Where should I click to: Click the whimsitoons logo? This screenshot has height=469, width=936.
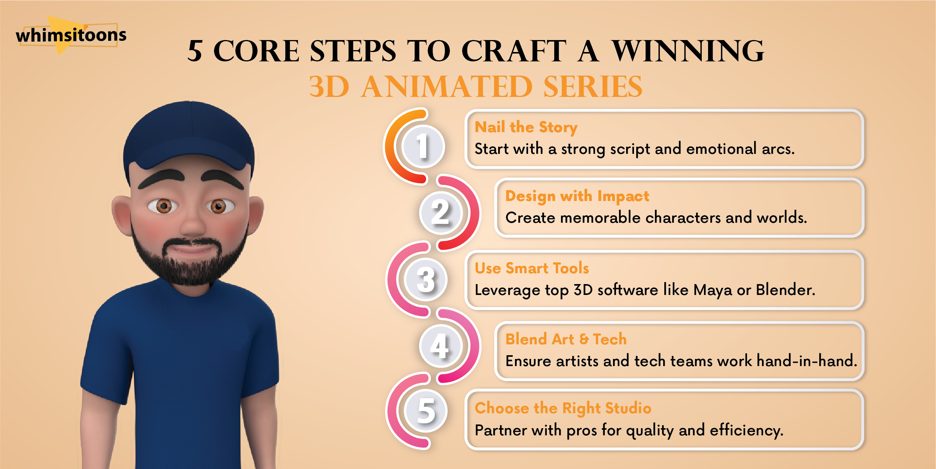tap(71, 35)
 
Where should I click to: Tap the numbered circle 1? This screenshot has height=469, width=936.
tap(423, 146)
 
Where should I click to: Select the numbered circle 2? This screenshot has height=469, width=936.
tap(441, 212)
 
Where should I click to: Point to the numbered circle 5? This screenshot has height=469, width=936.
tap(426, 411)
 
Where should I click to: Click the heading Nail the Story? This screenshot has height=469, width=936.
tap(526, 128)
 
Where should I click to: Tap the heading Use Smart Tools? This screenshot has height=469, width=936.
tap(532, 268)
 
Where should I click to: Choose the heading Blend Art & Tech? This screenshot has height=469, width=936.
tap(566, 339)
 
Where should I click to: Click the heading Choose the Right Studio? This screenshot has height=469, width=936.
tap(563, 408)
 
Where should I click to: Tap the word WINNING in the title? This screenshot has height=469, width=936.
tap(688, 51)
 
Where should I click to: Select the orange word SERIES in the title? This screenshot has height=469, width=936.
tap(593, 86)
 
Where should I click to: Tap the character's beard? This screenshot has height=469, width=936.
tap(189, 258)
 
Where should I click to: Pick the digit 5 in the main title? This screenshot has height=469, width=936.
tap(195, 51)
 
